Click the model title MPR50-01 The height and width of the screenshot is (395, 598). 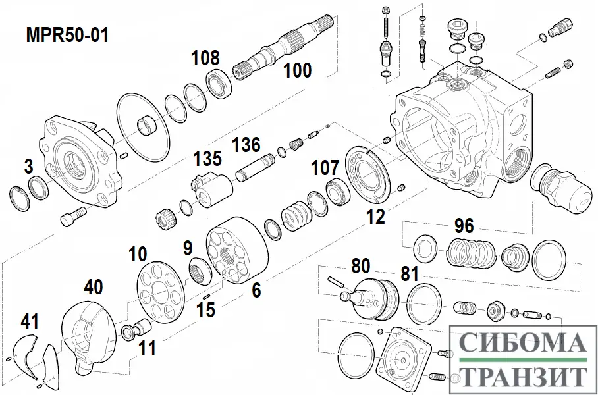(x=67, y=35)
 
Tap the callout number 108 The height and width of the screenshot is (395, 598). (x=205, y=58)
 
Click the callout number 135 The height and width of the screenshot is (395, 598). (x=207, y=159)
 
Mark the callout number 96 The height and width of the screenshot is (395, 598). (x=464, y=226)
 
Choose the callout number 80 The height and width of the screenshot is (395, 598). (x=360, y=267)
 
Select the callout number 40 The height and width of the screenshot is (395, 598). (x=94, y=287)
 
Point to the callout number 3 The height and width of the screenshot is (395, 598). (x=28, y=167)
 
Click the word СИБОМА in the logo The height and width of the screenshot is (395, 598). (x=522, y=344)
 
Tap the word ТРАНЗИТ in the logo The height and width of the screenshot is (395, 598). (x=522, y=376)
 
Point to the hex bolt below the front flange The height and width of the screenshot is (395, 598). (x=72, y=217)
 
